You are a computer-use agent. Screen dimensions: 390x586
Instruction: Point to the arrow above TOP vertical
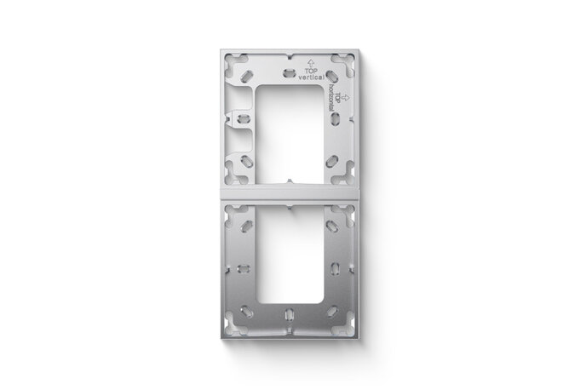(311, 62)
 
